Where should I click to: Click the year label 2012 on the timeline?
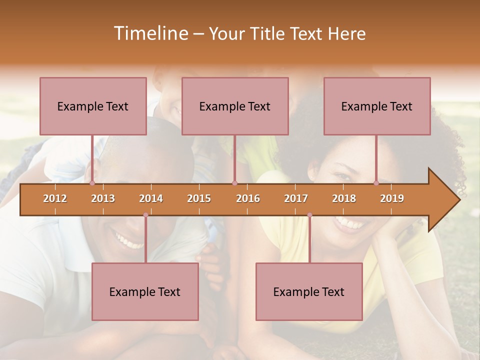click(55, 198)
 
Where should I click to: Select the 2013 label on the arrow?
click(103, 198)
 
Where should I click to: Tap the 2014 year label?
click(151, 198)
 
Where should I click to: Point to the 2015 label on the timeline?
click(199, 198)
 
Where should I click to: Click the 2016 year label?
click(248, 198)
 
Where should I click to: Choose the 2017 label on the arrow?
click(296, 198)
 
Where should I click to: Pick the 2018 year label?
click(344, 198)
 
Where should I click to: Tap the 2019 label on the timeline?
click(392, 198)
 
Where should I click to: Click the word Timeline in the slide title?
click(149, 33)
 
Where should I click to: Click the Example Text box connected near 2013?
click(93, 106)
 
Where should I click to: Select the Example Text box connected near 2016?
click(235, 106)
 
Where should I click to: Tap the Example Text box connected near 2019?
click(377, 106)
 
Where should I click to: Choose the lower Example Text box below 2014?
click(145, 291)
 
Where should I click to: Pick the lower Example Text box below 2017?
click(309, 291)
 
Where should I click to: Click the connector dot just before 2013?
click(92, 183)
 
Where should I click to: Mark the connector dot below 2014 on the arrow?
click(145, 215)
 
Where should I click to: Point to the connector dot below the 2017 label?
click(309, 215)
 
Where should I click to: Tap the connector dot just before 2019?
click(376, 183)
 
